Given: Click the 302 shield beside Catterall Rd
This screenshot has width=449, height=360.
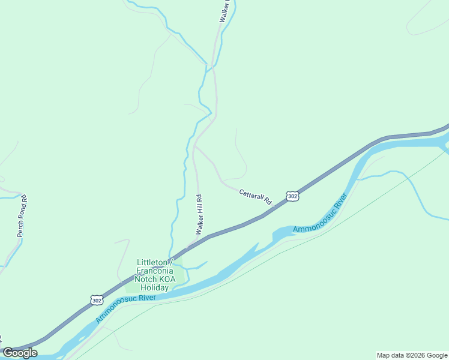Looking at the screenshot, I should (x=292, y=196).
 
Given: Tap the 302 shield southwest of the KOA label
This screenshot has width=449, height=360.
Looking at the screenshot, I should (x=96, y=299).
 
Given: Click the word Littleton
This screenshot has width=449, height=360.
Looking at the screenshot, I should (x=152, y=262).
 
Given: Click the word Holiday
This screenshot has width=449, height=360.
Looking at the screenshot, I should (x=155, y=287).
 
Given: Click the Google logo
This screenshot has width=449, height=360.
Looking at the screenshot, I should (x=20, y=353).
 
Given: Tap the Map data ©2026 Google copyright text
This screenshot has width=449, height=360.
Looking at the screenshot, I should (x=412, y=355).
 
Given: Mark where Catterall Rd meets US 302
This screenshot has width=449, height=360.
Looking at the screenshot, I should (x=274, y=209).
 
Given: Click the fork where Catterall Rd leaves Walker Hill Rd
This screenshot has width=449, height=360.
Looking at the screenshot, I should (x=194, y=146).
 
